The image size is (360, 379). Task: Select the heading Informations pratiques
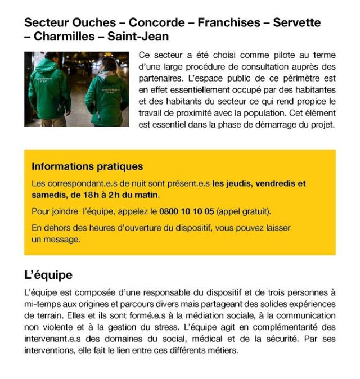click(x=87, y=166)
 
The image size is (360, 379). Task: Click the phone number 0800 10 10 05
click(x=187, y=212)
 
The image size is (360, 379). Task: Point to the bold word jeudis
click(x=240, y=183)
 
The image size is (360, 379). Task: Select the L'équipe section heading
click(x=48, y=276)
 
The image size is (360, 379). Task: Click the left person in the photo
click(x=49, y=90)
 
